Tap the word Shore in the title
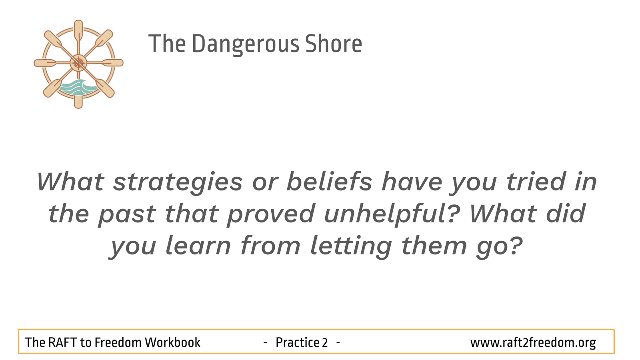[x=334, y=44]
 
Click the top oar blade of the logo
[x=78, y=30]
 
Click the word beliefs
[x=330, y=181]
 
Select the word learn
[x=198, y=245]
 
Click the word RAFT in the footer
[x=62, y=342]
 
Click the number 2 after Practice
[x=325, y=342]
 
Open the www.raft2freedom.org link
[x=533, y=343]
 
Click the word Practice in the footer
[x=298, y=342]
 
